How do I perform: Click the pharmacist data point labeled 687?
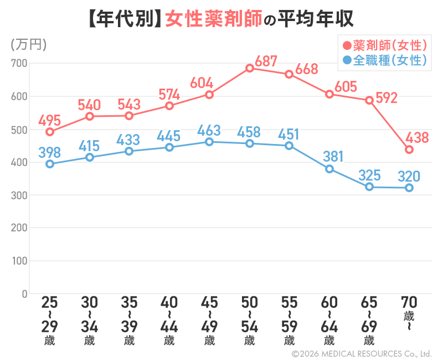click(x=250, y=68)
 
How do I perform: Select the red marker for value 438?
click(x=409, y=150)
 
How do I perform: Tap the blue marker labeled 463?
click(x=209, y=142)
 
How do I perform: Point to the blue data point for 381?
click(x=329, y=169)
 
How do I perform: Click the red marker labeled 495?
click(x=50, y=132)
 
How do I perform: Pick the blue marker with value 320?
click(x=409, y=188)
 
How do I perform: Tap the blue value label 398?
click(x=50, y=151)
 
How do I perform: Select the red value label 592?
click(x=387, y=99)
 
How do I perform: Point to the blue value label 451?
click(x=289, y=133)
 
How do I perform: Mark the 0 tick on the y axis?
click(x=24, y=294)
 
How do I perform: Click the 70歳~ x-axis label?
click(x=409, y=313)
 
